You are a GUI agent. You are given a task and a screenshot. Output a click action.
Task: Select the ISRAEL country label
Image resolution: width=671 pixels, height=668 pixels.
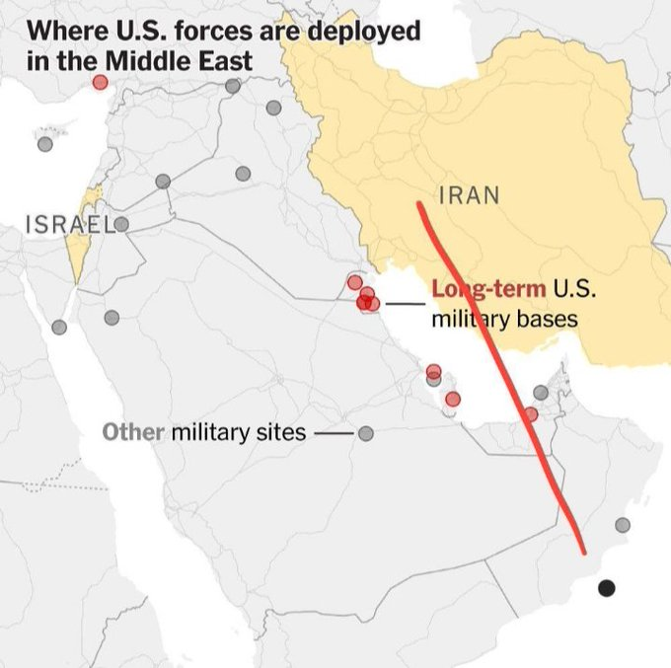(65, 224)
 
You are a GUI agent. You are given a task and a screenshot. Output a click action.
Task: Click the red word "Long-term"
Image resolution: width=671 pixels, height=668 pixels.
(488, 290)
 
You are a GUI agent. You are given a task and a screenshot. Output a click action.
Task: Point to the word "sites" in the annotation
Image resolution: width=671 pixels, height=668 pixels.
(281, 432)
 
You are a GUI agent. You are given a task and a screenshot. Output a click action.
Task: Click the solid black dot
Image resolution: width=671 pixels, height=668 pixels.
(606, 588)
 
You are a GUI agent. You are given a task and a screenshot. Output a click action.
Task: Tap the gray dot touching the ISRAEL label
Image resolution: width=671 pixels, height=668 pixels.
(121, 224)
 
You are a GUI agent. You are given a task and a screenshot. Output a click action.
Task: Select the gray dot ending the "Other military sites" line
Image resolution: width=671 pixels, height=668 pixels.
(366, 433)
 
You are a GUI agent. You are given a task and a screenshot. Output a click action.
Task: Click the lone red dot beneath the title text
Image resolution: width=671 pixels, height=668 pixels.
(100, 82)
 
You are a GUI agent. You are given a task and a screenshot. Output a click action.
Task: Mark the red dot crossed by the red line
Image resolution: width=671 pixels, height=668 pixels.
(531, 414)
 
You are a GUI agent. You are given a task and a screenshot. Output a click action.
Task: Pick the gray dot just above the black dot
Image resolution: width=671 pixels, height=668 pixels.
(622, 525)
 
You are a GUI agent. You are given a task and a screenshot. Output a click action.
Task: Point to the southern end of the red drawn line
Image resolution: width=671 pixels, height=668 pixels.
(582, 551)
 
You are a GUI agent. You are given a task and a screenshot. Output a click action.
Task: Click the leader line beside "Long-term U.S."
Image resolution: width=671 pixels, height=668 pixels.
(405, 303)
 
